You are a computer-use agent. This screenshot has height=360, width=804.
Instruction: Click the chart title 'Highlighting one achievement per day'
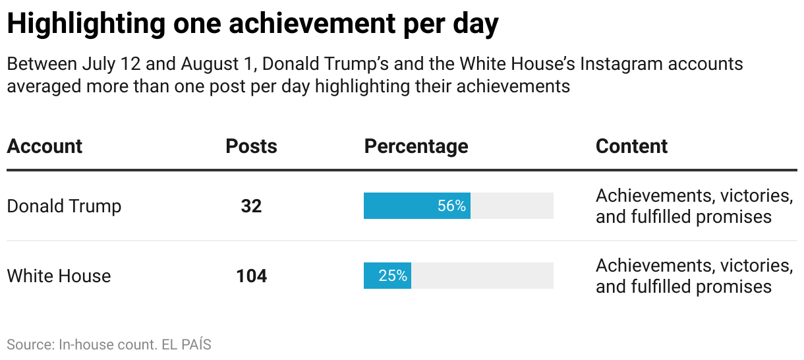[x=252, y=24]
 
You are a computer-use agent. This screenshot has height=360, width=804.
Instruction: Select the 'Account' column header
[x=45, y=146]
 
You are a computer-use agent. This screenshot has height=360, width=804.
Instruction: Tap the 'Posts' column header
[x=251, y=146]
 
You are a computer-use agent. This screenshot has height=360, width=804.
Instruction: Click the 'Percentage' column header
[x=416, y=146]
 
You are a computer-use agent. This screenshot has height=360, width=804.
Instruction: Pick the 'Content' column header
[x=631, y=146]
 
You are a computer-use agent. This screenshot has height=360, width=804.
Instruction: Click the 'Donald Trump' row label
[x=64, y=206]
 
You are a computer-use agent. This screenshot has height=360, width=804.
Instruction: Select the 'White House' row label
[x=59, y=276]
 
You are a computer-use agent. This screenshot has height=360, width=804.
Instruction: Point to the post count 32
[x=251, y=206]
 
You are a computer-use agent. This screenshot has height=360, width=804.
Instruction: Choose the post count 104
[x=251, y=276]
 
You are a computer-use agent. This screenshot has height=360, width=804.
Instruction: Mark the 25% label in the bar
[x=393, y=276]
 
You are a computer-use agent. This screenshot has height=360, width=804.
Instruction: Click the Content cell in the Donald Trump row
[x=693, y=206]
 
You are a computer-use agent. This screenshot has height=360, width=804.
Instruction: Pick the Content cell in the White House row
[x=693, y=276]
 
